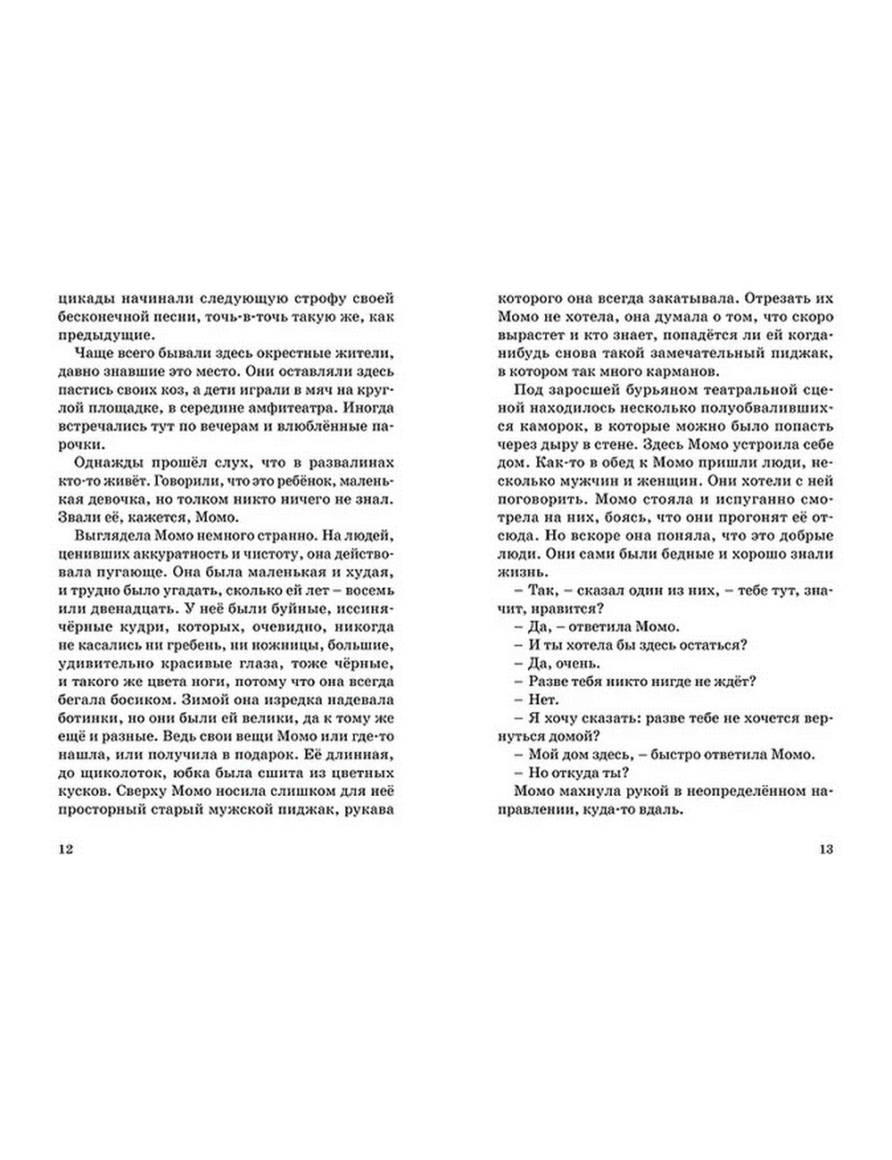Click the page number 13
(826, 849)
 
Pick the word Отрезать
(775, 297)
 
